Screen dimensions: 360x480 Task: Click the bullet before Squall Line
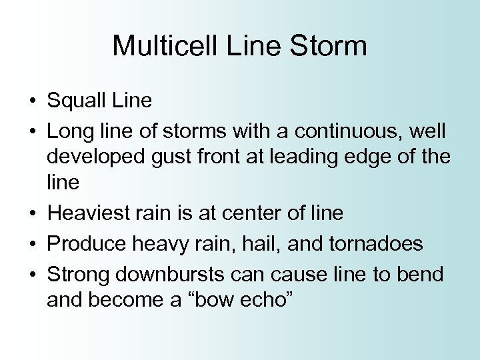pyautogui.click(x=32, y=102)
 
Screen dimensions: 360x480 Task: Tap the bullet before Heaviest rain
pyautogui.click(x=32, y=214)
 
